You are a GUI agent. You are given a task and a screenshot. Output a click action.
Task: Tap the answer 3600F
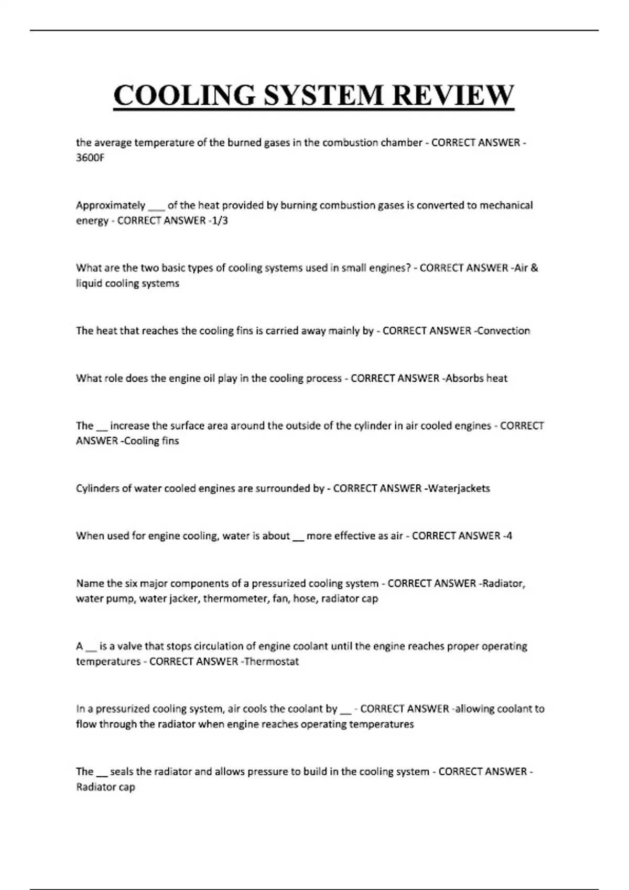pos(90,158)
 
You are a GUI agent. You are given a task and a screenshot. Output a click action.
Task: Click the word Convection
pos(504,330)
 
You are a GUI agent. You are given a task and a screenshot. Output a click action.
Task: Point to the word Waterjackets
pos(459,488)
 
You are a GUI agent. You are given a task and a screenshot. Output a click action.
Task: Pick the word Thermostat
pos(272,661)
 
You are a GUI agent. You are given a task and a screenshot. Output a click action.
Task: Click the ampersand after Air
pos(534,268)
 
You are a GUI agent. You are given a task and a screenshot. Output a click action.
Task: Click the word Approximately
pos(111,205)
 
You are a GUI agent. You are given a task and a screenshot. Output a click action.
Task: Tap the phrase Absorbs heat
pos(476,378)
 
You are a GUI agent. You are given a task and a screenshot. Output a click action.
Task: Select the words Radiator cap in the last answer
pos(105,787)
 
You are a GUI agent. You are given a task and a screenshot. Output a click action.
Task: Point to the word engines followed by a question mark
pos(391,268)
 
